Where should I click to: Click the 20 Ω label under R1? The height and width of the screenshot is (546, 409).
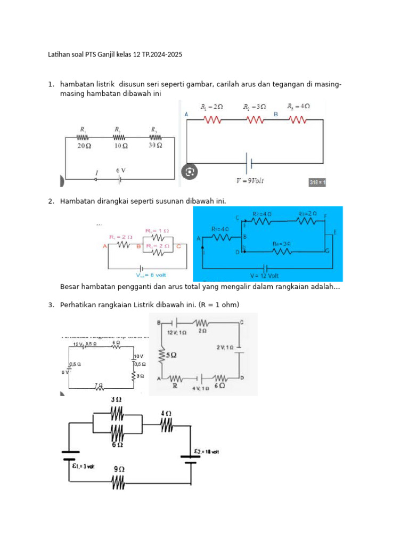point(84,145)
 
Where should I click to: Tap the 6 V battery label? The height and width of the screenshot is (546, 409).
point(121,170)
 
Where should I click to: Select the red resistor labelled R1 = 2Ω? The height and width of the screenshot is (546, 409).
point(212,121)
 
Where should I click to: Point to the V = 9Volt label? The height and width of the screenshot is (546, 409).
point(250,180)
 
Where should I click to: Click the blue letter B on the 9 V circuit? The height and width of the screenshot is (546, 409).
point(276,114)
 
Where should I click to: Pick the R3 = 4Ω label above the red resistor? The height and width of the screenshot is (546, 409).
point(298,107)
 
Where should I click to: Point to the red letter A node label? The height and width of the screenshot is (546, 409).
point(105,246)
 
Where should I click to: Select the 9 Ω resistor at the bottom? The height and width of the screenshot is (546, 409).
point(118,483)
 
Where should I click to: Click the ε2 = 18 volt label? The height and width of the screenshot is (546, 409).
point(206,452)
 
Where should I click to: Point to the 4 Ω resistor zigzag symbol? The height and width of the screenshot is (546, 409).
point(166,425)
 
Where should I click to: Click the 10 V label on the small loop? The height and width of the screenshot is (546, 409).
point(138,356)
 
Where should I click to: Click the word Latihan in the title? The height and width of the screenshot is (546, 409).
point(59,55)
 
